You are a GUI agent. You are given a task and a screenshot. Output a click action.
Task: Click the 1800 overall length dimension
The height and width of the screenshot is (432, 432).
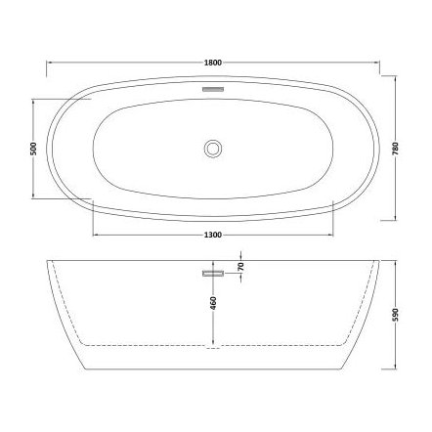(214, 63)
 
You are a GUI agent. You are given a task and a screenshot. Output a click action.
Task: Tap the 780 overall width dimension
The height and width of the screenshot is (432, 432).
(396, 149)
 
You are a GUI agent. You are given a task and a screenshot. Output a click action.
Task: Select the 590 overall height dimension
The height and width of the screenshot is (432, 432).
(396, 311)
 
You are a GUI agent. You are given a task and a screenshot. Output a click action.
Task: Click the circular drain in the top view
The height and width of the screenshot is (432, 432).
(214, 149)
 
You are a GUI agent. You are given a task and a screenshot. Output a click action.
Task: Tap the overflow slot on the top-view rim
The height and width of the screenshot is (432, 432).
(214, 87)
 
